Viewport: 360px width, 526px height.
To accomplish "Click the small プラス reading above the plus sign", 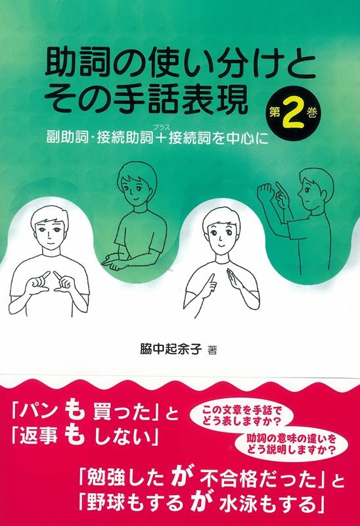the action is pyautogui.click(x=163, y=126).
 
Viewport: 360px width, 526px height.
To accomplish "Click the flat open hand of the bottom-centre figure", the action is pyautogui.click(x=234, y=278).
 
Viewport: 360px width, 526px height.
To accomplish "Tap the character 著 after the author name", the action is pyautogui.click(x=212, y=350).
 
